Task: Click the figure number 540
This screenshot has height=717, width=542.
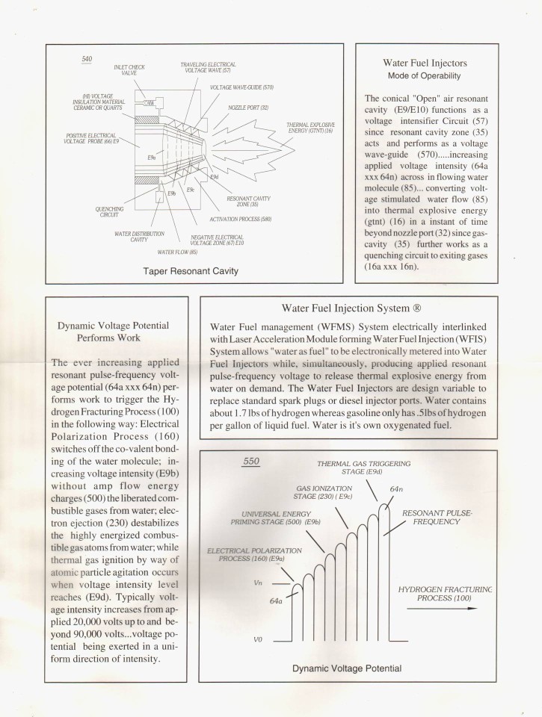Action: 87,59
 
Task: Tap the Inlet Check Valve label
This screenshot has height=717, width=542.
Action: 129,71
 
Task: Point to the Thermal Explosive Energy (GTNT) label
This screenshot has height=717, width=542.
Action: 310,128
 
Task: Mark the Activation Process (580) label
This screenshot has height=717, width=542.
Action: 241,219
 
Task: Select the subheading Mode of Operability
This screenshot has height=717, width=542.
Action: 423,76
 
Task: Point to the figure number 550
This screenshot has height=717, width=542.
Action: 251,462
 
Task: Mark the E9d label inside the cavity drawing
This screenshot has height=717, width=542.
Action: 214,177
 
